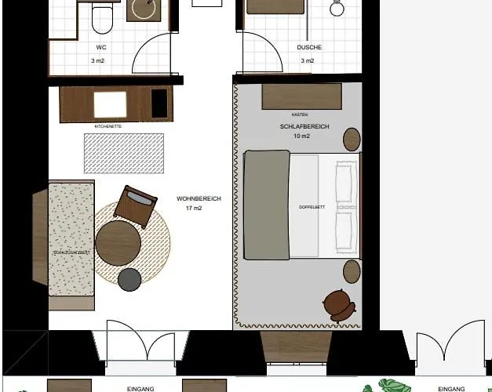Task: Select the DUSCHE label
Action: (x=309, y=47)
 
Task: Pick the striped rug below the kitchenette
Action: (x=124, y=152)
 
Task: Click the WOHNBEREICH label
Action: (x=199, y=199)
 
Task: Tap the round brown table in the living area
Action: (x=118, y=241)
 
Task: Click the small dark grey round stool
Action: (x=129, y=278)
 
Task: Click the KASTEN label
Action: (x=299, y=114)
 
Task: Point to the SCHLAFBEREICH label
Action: (x=304, y=126)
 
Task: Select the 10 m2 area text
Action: (x=302, y=136)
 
